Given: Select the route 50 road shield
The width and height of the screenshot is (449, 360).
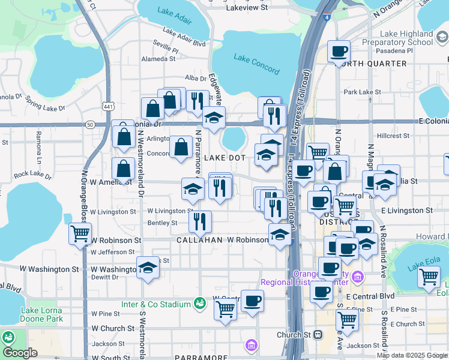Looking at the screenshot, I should [90, 124].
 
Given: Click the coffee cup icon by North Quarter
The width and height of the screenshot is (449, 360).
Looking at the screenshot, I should [339, 52].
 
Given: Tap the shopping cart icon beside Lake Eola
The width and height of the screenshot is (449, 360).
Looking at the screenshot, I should [429, 277].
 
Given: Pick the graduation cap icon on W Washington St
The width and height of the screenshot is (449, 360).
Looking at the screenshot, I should [147, 268].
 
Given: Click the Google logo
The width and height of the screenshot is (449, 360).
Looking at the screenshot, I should [19, 352].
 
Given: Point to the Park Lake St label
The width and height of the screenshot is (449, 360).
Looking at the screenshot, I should [358, 92].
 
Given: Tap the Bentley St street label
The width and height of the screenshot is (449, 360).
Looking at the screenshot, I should [162, 223].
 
